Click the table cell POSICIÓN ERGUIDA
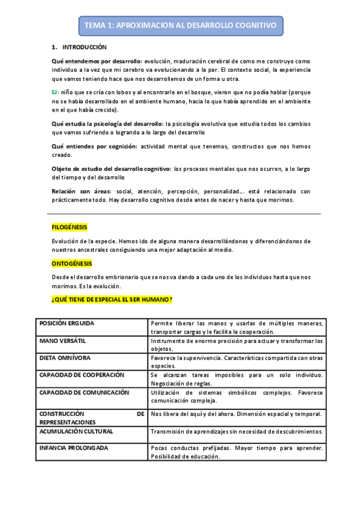pos(66,324)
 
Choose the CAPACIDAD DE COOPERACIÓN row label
pos(82,375)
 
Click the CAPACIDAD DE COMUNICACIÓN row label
pos(84,392)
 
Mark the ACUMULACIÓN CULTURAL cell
pos(76,432)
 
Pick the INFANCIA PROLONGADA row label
pos(74,449)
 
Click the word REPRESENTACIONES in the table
pos(67,421)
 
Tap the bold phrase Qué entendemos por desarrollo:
pos(97,62)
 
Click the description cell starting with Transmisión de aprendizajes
pos(236,432)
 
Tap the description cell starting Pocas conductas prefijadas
pos(236,452)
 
